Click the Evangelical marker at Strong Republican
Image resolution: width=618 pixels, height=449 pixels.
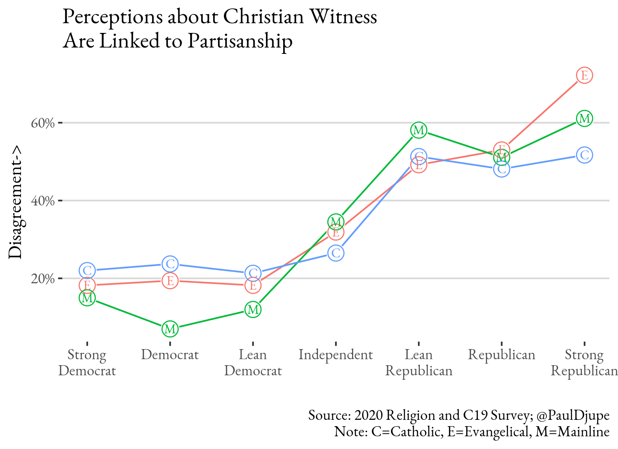[584, 76]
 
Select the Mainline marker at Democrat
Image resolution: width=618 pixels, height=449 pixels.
[170, 329]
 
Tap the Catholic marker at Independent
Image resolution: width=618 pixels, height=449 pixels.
[336, 253]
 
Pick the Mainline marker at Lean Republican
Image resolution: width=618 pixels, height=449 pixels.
[419, 130]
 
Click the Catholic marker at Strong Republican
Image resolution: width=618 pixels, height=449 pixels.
[584, 155]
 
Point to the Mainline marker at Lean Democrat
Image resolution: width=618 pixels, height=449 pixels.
[253, 309]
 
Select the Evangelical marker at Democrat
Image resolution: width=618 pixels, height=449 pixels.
[170, 280]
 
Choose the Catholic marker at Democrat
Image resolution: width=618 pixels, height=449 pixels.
[170, 264]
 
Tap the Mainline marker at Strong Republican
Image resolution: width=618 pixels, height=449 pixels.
[584, 119]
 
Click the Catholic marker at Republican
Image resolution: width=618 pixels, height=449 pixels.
[502, 169]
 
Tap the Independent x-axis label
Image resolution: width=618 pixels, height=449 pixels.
[336, 355]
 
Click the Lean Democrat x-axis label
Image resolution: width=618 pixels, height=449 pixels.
[253, 363]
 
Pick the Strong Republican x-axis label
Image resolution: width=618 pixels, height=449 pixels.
[584, 363]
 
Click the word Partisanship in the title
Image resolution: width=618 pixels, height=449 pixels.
[240, 41]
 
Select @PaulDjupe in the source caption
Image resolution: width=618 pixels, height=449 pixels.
[573, 415]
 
